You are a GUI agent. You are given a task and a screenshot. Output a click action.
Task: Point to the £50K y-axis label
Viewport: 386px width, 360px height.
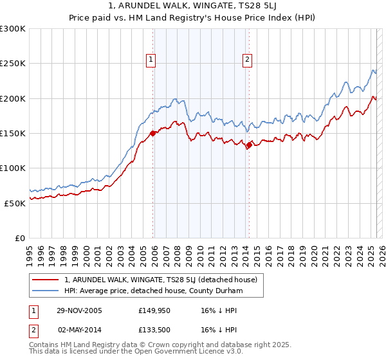click(x=15, y=203)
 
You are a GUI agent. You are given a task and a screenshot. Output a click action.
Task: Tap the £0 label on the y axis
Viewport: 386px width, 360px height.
click(x=19, y=238)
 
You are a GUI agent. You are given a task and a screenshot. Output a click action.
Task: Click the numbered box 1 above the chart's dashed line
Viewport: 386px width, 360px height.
click(x=151, y=60)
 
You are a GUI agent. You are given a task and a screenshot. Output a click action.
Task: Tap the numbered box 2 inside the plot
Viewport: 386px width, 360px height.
click(x=247, y=60)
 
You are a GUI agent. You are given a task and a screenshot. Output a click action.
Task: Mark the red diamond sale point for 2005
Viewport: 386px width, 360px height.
click(x=153, y=134)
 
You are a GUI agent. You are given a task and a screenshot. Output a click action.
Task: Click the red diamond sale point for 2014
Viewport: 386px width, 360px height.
click(x=249, y=145)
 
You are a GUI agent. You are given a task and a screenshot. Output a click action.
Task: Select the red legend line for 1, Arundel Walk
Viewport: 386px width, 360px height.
click(x=46, y=280)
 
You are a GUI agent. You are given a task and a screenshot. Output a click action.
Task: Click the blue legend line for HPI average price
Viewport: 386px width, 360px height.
click(x=46, y=291)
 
